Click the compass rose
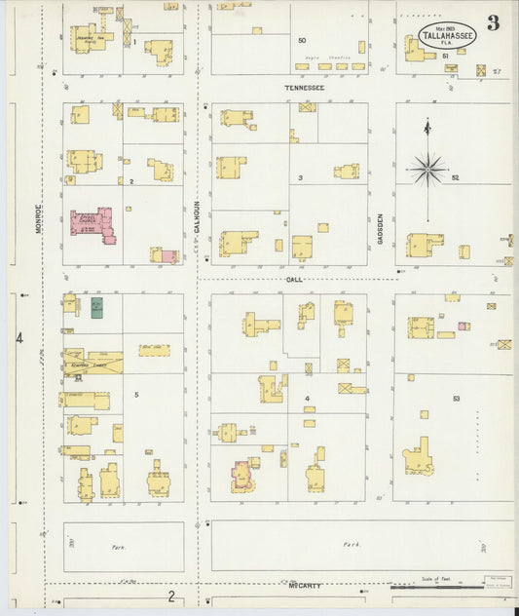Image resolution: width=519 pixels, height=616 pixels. pos(427,169)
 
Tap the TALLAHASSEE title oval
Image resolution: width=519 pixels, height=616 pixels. pos(448,35)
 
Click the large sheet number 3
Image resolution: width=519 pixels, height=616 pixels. pos(494,24)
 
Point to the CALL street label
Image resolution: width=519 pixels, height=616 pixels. pos(294,279)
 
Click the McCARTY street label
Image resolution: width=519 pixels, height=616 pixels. pos(305,586)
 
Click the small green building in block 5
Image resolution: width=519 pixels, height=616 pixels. pos(97,308)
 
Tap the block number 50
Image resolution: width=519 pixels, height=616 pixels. pos(302,40)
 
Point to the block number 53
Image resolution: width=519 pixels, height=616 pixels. pos(456,399)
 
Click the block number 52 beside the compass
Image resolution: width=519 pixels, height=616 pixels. pos(455,178)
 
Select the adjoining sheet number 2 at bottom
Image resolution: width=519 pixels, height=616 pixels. pos(171,596)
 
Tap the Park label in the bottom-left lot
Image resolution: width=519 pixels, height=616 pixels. pos(119,548)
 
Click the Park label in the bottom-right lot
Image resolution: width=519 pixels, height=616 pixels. pos(352,544)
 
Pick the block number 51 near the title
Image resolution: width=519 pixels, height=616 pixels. pos(445,56)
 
